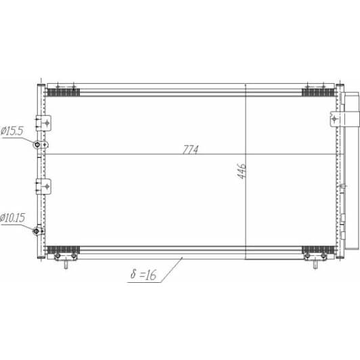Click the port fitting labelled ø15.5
click(x=39, y=145)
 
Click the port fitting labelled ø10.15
click(x=38, y=232)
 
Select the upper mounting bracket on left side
click(x=47, y=121)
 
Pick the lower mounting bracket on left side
click(x=47, y=185)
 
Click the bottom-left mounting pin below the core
click(x=66, y=264)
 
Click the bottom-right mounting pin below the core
click(x=315, y=264)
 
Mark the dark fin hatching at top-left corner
click(x=64, y=91)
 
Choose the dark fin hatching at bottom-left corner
click(x=64, y=248)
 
